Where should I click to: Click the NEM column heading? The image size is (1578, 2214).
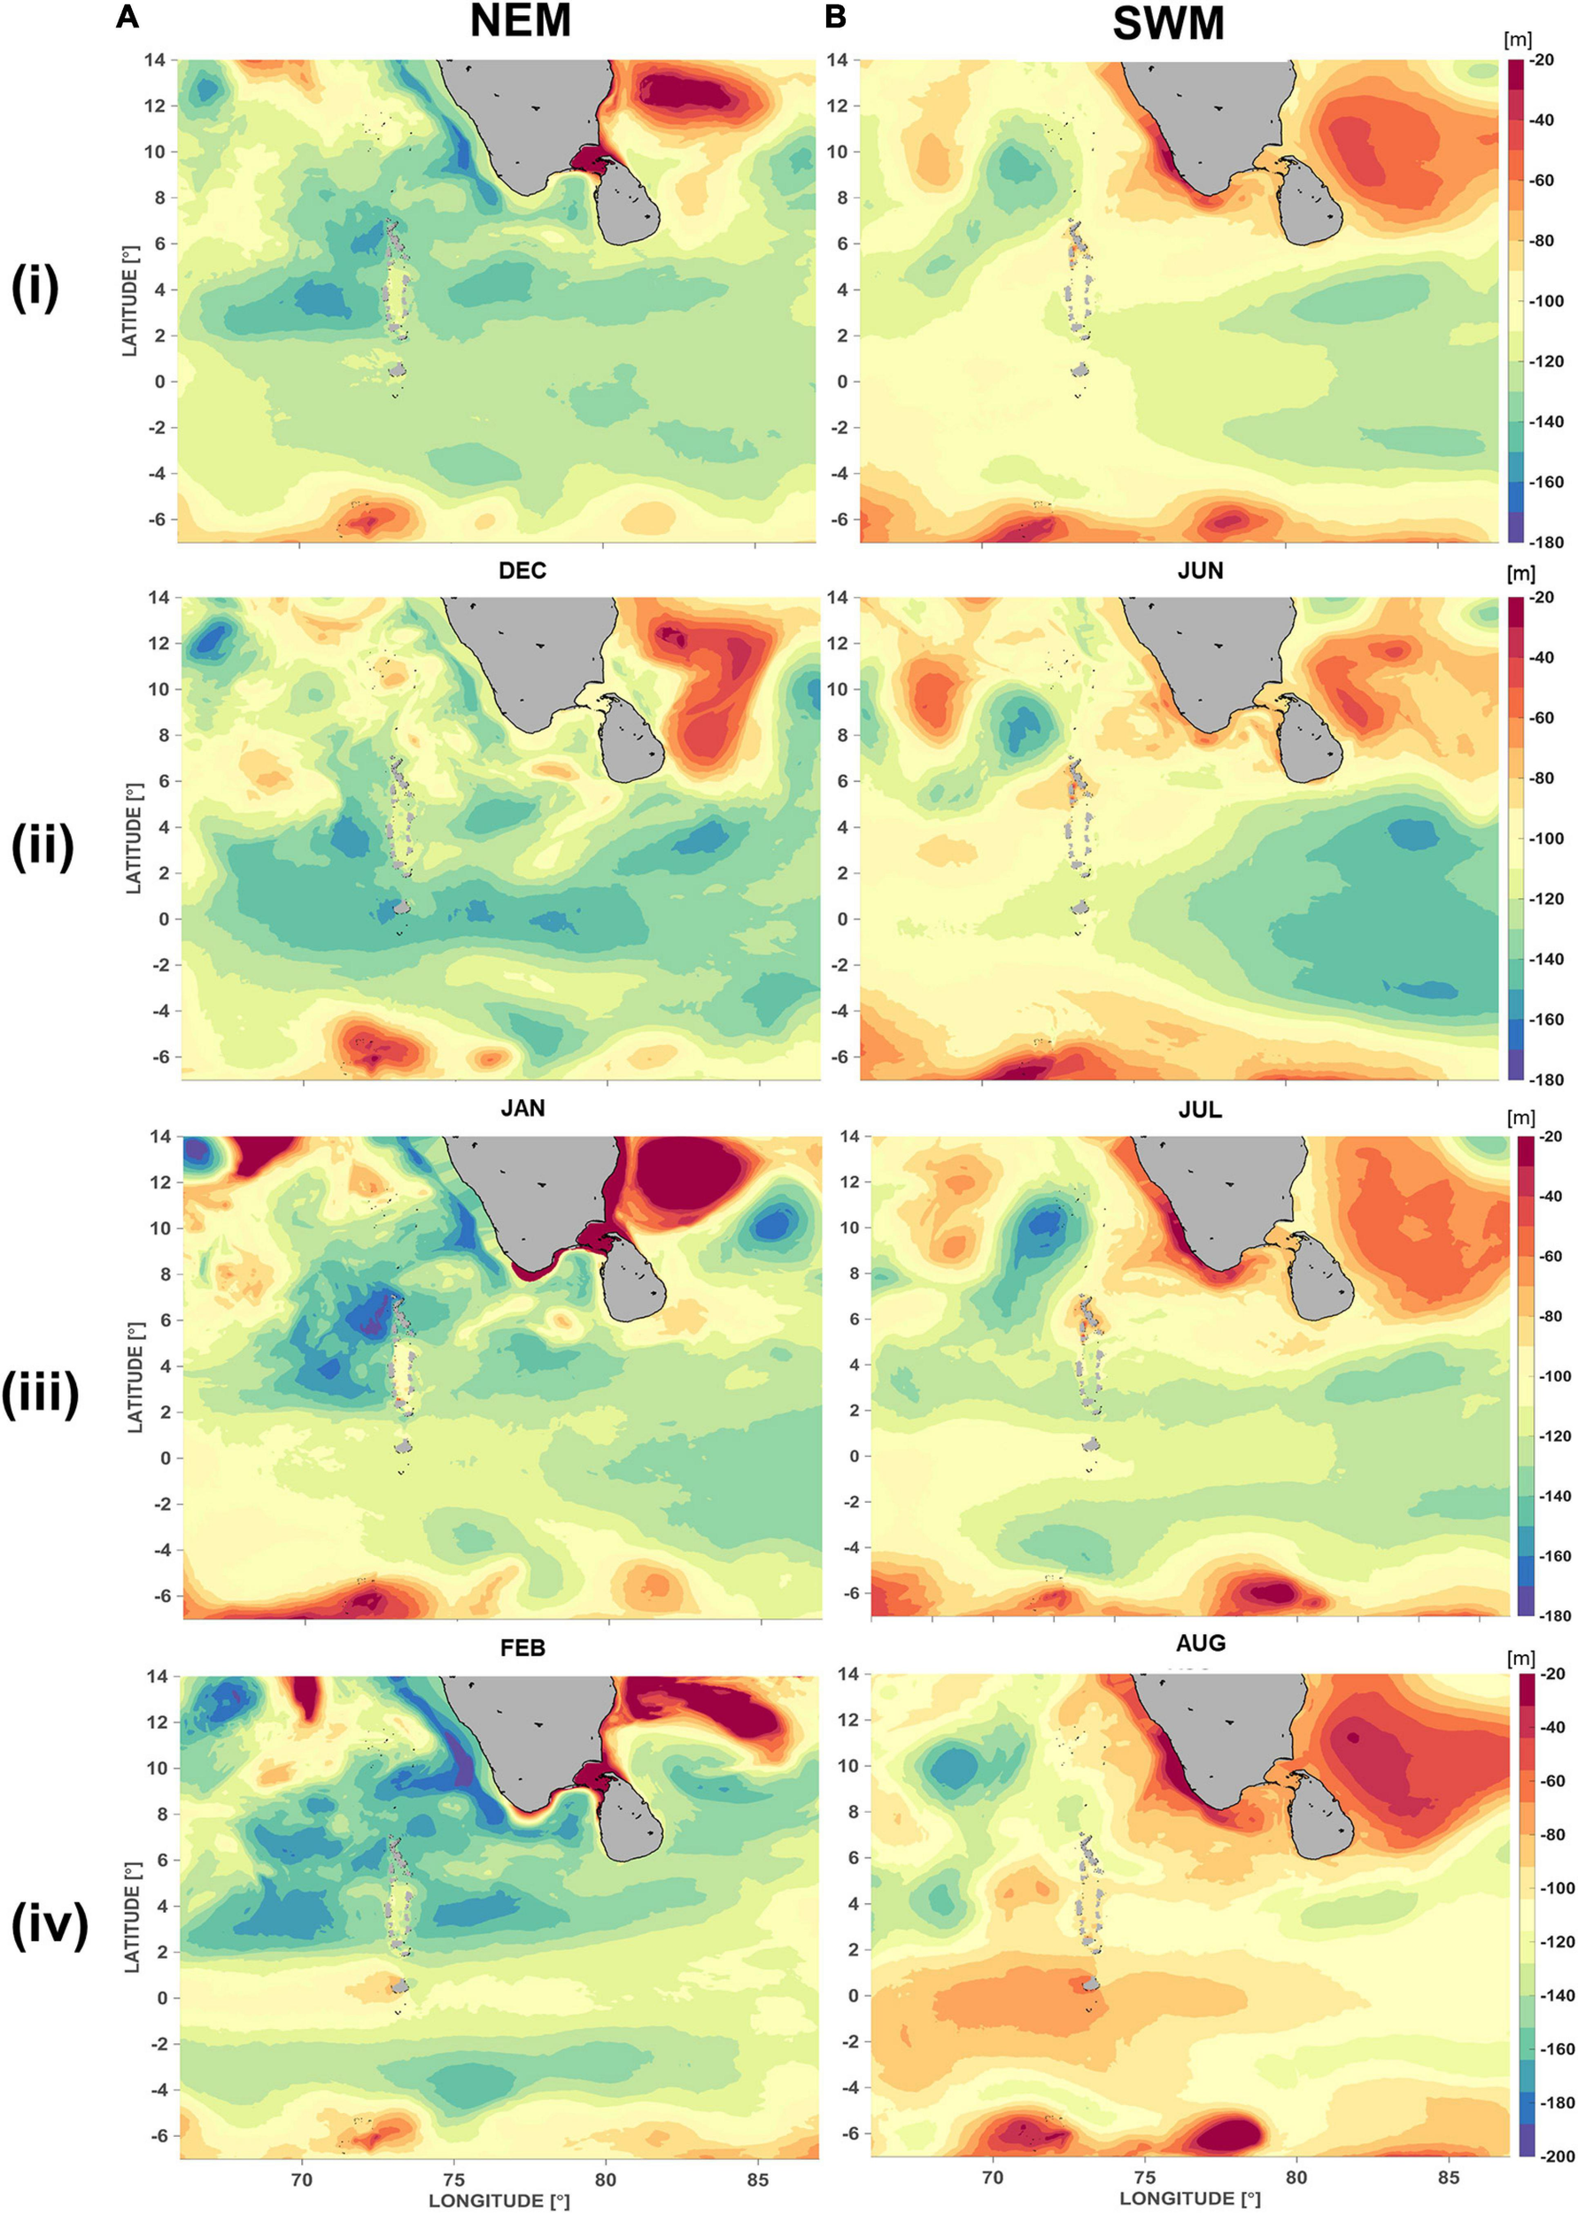click(520, 22)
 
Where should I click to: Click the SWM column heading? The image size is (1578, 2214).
click(1168, 24)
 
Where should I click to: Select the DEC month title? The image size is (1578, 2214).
click(522, 570)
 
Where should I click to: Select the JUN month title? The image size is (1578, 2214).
click(1200, 570)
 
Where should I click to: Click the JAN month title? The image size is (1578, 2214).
click(522, 1109)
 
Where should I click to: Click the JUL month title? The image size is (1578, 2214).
click(1200, 1110)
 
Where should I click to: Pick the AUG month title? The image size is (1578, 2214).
click(1200, 1643)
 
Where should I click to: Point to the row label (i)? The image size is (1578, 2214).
click(35, 289)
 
